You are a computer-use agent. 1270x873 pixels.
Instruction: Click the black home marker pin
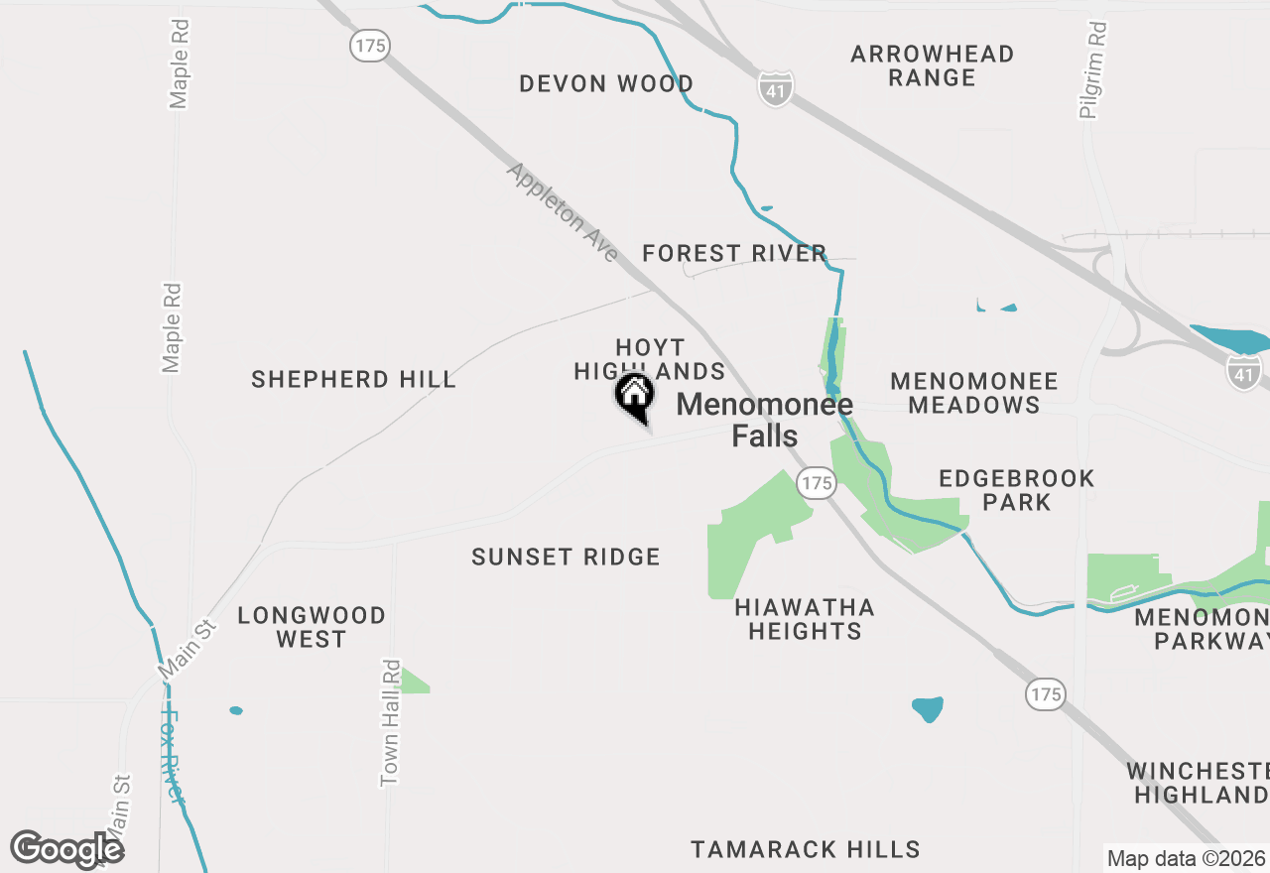[x=635, y=396]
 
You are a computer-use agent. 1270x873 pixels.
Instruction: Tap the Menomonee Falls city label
[x=764, y=420]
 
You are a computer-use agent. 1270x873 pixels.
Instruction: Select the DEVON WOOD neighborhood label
[x=606, y=83]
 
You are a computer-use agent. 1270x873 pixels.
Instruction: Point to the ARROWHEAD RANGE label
[x=932, y=65]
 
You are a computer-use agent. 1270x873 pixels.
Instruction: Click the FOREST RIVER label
[x=734, y=253]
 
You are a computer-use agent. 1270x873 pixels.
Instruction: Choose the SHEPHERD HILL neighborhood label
[x=353, y=379]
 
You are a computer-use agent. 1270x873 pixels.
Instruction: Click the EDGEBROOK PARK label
[x=1016, y=490]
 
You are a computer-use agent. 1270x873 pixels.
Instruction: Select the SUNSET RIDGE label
[x=566, y=557]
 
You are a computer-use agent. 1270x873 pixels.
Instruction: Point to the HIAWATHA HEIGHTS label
[x=805, y=619]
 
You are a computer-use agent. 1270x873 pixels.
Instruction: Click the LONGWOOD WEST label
[x=312, y=627]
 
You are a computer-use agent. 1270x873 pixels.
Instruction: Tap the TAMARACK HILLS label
[x=806, y=849]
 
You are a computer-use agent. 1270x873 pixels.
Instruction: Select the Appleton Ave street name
[x=563, y=212]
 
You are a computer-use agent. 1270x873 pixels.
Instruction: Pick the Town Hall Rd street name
[x=391, y=723]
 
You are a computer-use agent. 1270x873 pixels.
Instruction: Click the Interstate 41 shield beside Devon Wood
[x=776, y=88]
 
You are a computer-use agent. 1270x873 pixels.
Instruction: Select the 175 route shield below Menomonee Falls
[x=817, y=483]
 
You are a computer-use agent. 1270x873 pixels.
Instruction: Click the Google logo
[x=67, y=850]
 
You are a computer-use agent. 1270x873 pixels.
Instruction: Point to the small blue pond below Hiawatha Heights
[x=927, y=708]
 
